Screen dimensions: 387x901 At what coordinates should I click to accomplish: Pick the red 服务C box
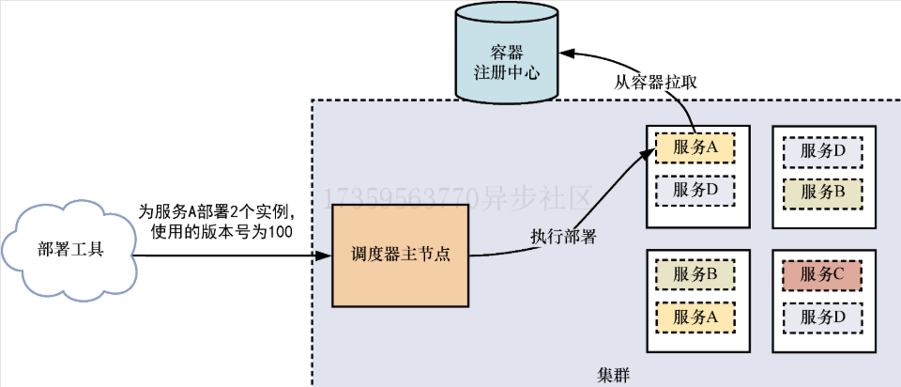point(819,276)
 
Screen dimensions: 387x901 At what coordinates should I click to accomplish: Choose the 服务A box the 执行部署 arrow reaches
point(695,148)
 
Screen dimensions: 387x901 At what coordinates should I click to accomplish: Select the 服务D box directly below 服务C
point(819,317)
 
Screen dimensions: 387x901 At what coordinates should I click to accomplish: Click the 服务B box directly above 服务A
point(695,276)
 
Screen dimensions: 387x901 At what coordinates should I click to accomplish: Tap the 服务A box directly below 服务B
point(695,317)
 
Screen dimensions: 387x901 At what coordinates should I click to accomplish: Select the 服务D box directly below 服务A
point(695,190)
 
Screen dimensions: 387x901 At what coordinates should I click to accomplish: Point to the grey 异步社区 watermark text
point(540,198)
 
